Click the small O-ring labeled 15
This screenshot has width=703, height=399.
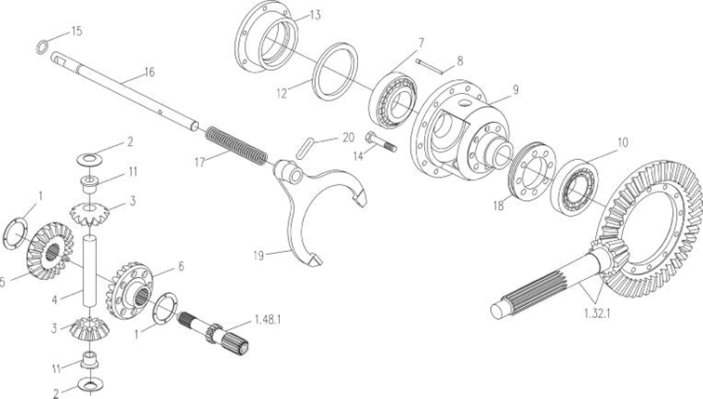(42, 47)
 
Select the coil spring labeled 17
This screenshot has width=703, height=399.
(236, 146)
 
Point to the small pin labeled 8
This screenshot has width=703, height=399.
(430, 66)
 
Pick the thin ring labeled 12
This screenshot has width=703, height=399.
(336, 72)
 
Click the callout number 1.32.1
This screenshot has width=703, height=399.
(598, 313)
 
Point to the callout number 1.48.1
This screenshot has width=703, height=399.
(267, 320)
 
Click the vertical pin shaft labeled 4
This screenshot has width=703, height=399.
(89, 272)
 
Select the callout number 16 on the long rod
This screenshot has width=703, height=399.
(149, 73)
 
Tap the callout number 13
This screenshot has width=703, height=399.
(315, 15)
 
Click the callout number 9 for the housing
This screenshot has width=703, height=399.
(515, 89)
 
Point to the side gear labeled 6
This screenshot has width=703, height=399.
(130, 291)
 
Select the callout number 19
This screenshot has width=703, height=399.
(259, 256)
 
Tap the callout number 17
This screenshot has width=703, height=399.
(200, 162)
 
